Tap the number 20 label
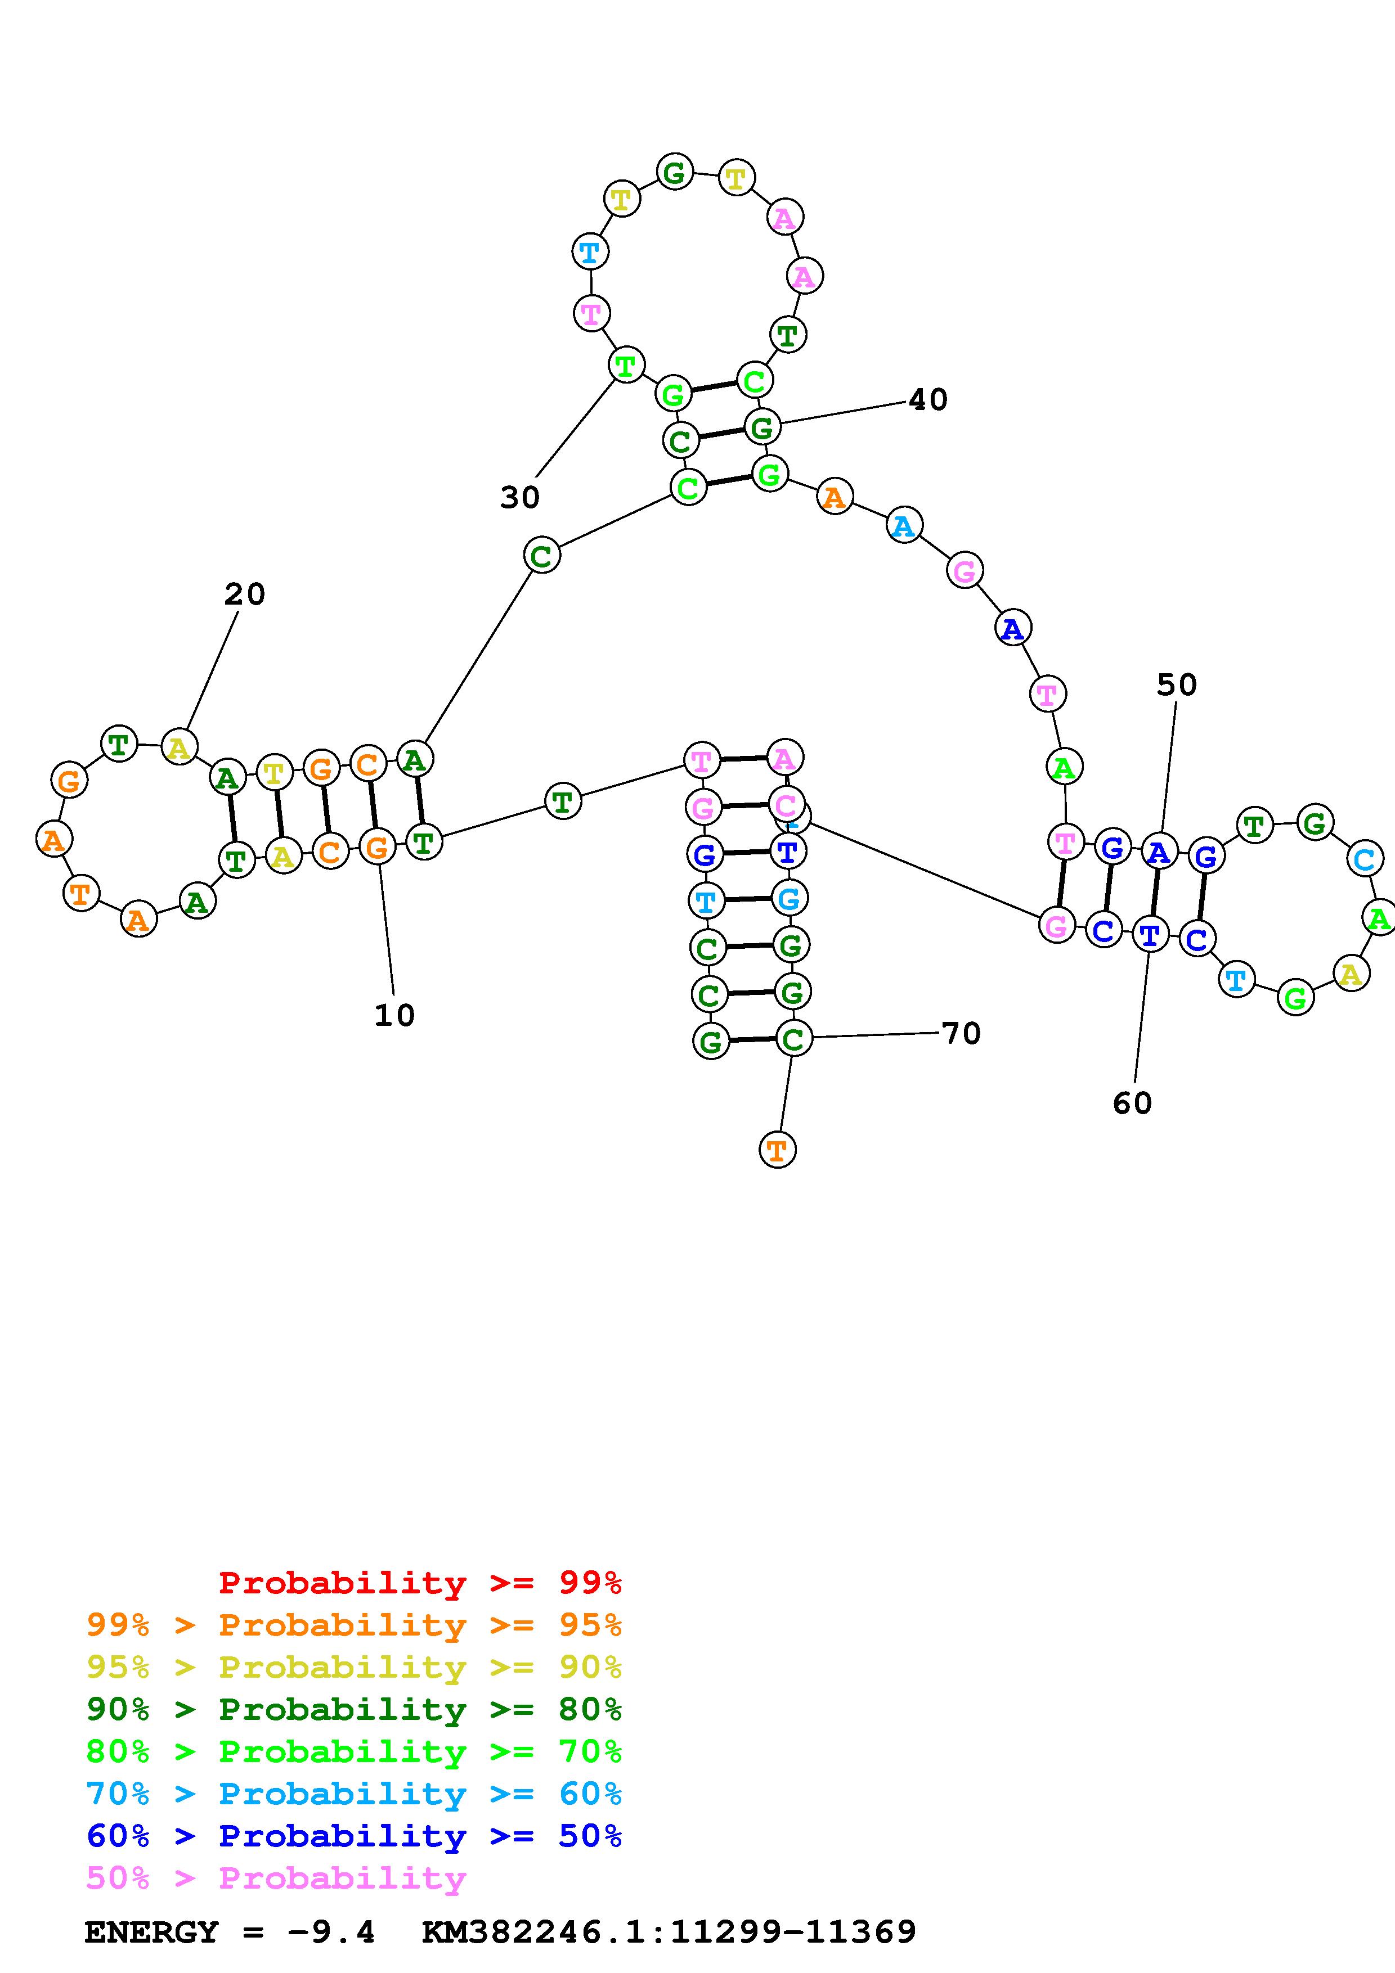click(245, 594)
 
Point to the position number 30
click(520, 497)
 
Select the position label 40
click(928, 399)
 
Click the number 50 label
click(1177, 685)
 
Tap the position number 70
click(961, 1033)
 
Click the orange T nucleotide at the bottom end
click(777, 1150)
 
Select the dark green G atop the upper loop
click(675, 172)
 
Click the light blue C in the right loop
click(1364, 858)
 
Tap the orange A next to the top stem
click(834, 497)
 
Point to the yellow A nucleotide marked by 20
click(179, 747)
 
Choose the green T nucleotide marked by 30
click(626, 365)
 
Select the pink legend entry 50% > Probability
click(277, 1877)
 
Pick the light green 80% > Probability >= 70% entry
click(354, 1751)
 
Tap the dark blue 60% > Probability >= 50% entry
click(354, 1836)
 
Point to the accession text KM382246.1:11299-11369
click(669, 1932)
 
